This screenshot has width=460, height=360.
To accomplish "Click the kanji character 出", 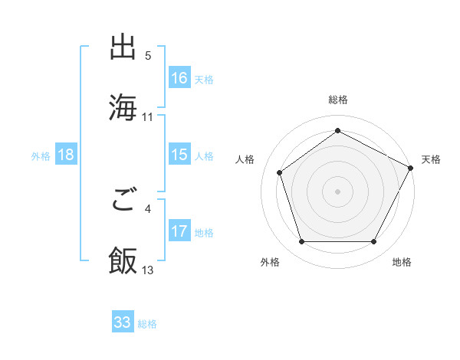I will [x=123, y=47].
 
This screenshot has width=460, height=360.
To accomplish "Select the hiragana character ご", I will [x=123, y=201].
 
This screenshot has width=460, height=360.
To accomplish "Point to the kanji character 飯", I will [x=123, y=260].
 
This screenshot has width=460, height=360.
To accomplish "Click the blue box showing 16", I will [x=179, y=77].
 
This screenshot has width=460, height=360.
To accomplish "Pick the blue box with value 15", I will [x=179, y=155].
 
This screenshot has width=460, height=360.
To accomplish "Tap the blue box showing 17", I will [x=179, y=231].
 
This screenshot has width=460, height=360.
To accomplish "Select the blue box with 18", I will [x=66, y=155].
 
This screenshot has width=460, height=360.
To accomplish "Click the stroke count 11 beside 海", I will [x=148, y=116].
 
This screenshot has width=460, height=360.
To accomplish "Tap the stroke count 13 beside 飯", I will [x=148, y=270].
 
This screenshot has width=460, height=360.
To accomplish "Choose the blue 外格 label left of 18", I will [x=41, y=155].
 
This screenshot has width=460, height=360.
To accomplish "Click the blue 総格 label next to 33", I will [x=147, y=324].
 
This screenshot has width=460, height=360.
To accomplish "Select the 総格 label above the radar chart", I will [x=338, y=100].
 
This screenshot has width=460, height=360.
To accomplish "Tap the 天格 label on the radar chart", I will [x=431, y=159].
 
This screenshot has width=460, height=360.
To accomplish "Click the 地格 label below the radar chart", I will [x=402, y=262].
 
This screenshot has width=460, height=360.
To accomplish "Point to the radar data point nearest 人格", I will [x=280, y=173].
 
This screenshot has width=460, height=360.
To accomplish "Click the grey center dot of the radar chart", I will [x=338, y=191].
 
